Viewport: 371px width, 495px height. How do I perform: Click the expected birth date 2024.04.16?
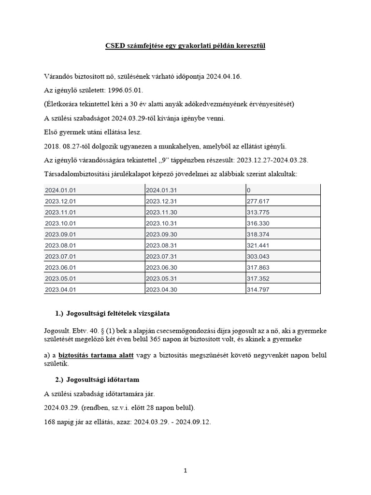224,77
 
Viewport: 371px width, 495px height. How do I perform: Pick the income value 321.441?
258,245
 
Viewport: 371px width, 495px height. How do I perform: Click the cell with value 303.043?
258,256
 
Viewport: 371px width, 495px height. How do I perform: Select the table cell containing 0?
249,189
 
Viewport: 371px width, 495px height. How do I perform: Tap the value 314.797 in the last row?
258,290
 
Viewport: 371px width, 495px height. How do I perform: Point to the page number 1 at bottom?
185,471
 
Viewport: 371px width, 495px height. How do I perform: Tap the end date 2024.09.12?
193,421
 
